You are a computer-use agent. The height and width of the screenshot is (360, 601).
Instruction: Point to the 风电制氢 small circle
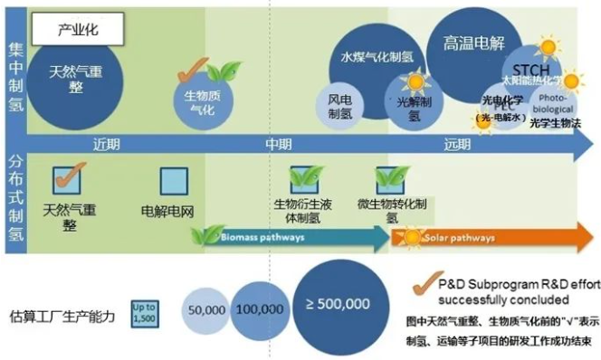coord(339,106)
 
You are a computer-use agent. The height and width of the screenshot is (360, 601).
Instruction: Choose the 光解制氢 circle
coord(414,101)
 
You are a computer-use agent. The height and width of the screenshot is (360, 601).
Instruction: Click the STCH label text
coord(531,71)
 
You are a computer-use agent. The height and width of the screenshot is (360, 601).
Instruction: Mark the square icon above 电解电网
coord(174,182)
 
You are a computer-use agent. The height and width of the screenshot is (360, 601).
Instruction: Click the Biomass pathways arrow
coord(290,238)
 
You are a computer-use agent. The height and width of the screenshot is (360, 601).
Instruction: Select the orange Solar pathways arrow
coord(489,238)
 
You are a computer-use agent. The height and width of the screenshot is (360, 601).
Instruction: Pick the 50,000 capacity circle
coord(206,310)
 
